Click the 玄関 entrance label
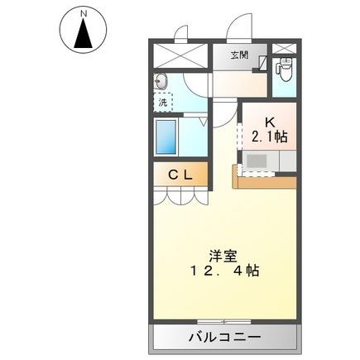tap(239, 55)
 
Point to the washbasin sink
tap(161, 82)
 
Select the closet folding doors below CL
tap(177, 195)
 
